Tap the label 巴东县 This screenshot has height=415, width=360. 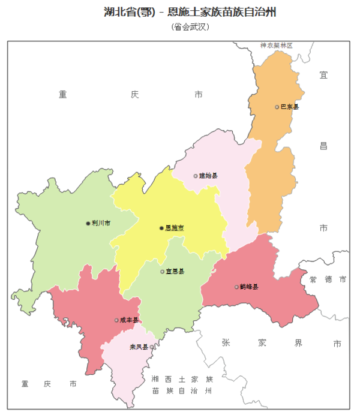click(289, 107)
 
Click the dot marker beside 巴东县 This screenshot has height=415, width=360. click(277, 107)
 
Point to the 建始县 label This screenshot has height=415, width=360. click(208, 176)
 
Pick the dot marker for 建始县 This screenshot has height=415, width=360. click(196, 176)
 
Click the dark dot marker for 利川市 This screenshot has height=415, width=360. click(88, 223)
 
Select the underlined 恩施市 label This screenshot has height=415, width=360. click(174, 228)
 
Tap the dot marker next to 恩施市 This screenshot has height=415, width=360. click(161, 228)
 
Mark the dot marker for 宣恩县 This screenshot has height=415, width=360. click(163, 272)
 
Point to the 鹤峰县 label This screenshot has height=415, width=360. click(249, 287)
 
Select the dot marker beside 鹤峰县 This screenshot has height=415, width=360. click(236, 287)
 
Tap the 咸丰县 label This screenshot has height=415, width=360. click(129, 320)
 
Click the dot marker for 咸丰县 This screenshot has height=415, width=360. click(116, 320)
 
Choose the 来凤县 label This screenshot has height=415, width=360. click(139, 347)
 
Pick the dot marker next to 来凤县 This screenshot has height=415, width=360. click(152, 347)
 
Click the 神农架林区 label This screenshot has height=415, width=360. click(276, 46)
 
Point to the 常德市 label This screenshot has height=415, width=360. click(328, 279)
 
